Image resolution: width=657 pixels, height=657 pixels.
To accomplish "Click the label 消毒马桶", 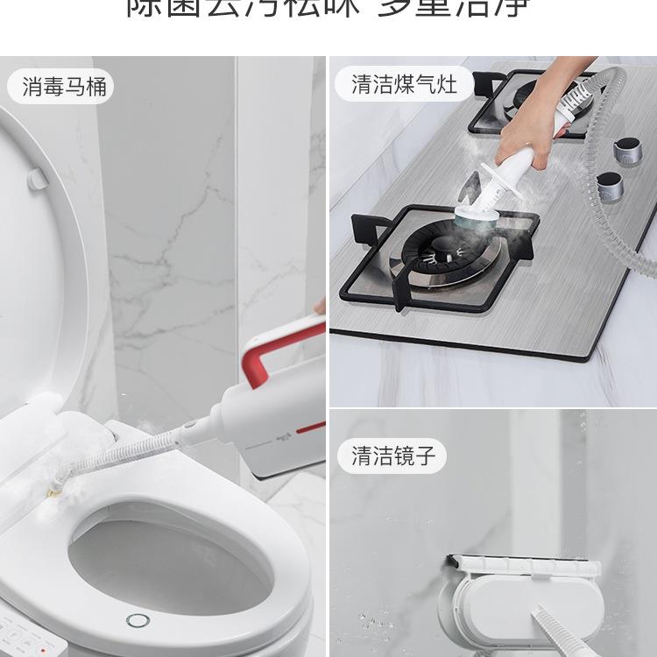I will pyautogui.click(x=60, y=88).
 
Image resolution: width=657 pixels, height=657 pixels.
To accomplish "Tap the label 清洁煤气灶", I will pyautogui.click(x=404, y=84).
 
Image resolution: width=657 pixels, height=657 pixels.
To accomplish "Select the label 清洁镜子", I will pyautogui.click(x=386, y=456).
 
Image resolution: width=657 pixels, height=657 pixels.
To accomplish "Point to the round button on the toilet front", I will pyautogui.click(x=138, y=621).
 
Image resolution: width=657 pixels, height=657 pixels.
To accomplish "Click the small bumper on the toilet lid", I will pyautogui.click(x=37, y=178).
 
